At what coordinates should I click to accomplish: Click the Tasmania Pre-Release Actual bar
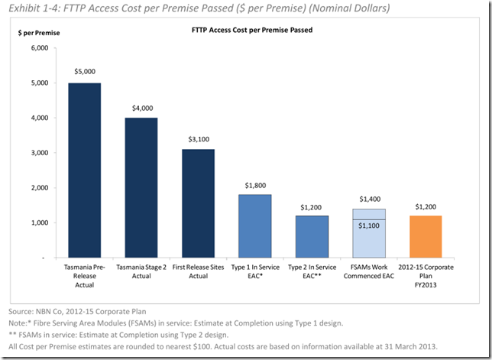(x=85, y=170)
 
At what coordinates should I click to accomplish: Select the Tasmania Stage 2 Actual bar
(x=141, y=187)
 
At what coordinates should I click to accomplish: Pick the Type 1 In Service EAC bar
(x=254, y=226)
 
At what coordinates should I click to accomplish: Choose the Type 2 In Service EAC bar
(x=312, y=236)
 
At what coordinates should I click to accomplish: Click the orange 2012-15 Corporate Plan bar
(x=426, y=236)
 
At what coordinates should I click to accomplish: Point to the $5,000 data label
(x=85, y=71)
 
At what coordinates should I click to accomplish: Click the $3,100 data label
(x=198, y=139)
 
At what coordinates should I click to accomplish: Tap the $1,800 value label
(x=254, y=185)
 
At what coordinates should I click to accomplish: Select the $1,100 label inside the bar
(x=368, y=226)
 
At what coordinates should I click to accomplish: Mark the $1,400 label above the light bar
(x=368, y=198)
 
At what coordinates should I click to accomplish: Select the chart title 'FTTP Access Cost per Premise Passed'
(x=252, y=31)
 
